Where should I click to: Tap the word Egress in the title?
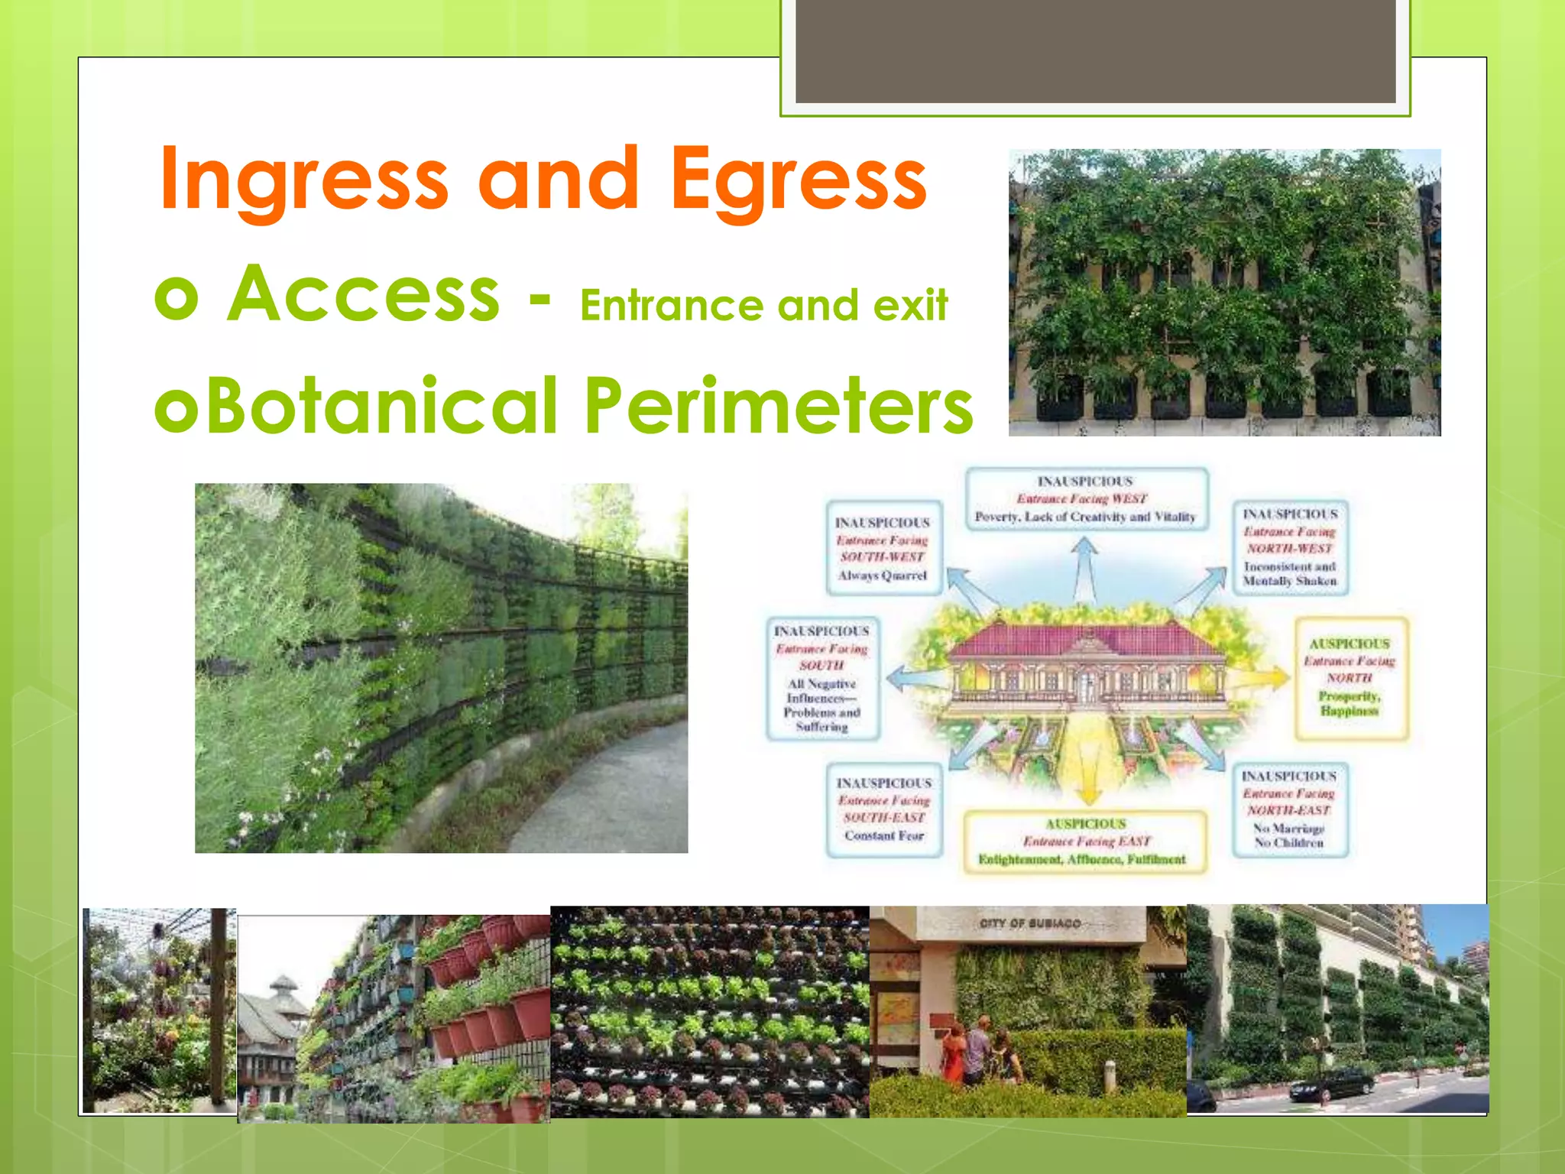(799, 180)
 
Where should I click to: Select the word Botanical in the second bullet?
(382, 405)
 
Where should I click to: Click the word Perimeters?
(779, 405)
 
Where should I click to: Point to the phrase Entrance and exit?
(764, 306)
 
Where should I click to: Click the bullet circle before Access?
(177, 297)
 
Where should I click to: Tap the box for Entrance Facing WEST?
(1085, 499)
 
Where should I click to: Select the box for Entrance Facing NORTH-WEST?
(1290, 547)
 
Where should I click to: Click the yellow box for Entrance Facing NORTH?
(1350, 678)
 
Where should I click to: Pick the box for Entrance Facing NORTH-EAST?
(1289, 809)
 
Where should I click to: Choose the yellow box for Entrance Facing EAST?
(1085, 842)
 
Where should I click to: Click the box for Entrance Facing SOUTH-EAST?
(884, 809)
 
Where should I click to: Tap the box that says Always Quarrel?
(883, 548)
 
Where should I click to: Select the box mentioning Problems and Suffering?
(822, 679)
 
